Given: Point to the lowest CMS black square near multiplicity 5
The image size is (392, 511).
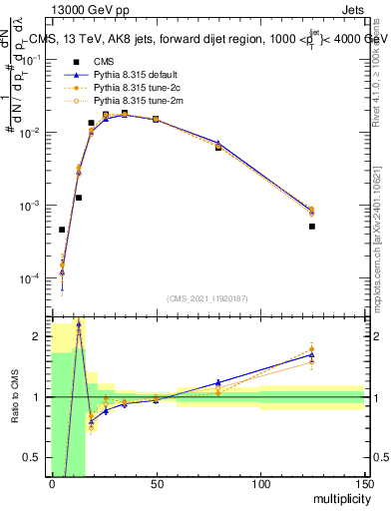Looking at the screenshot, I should [62, 230].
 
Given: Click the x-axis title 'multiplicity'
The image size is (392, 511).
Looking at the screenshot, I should [339, 497].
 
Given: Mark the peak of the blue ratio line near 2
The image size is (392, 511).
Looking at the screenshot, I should [78, 325].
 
